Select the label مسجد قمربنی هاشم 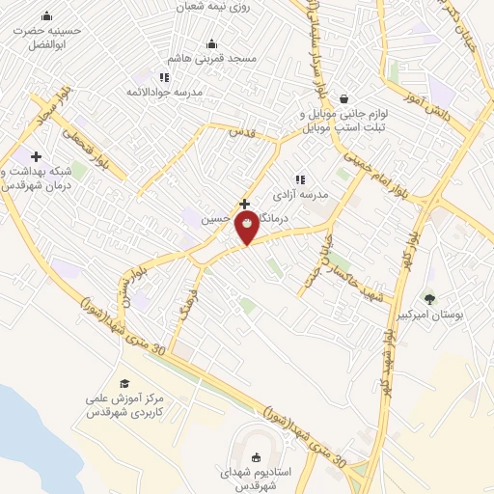click(215, 59)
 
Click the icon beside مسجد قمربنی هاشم click(212, 43)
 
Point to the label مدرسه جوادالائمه click(165, 92)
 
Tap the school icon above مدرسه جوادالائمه click(164, 77)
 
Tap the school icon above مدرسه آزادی click(300, 179)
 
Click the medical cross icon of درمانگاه click(245, 205)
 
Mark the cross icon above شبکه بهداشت click(37, 156)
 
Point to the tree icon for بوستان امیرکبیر click(430, 299)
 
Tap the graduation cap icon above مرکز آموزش click(123, 383)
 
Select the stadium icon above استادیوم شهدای click(256, 457)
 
